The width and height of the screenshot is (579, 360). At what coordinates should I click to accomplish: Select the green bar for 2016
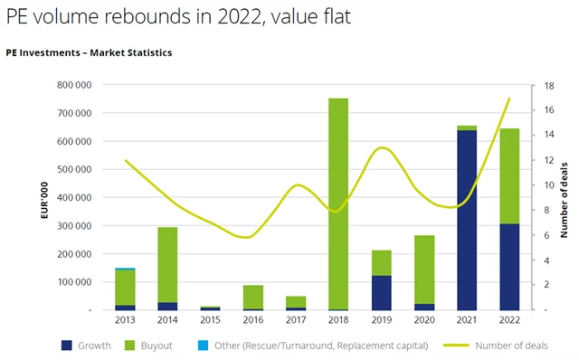(x=252, y=297)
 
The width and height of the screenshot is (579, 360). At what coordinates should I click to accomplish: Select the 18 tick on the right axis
(x=536, y=85)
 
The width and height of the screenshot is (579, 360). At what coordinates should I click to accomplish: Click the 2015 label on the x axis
(x=210, y=320)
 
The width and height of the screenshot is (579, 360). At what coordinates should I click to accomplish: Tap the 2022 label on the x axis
(x=509, y=320)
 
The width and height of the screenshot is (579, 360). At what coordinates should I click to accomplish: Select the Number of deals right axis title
(x=564, y=197)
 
